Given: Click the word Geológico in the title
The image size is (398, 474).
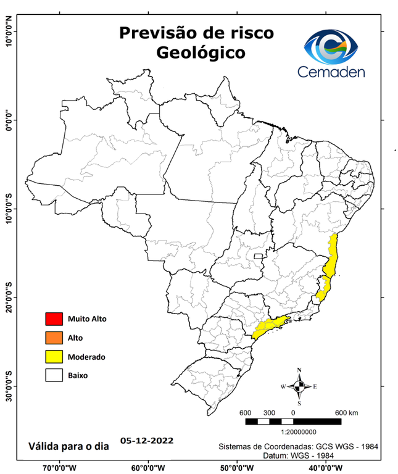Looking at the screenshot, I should pos(200,52).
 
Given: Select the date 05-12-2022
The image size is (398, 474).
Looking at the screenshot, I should pos(147,441).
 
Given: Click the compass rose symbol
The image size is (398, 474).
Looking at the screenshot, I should pos(299,386).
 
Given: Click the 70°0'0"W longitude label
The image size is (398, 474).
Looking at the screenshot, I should pos(59,468).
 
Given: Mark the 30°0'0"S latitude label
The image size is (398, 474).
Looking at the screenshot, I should pos(9,386).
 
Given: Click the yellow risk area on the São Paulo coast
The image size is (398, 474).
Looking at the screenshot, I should pos(270,325).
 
